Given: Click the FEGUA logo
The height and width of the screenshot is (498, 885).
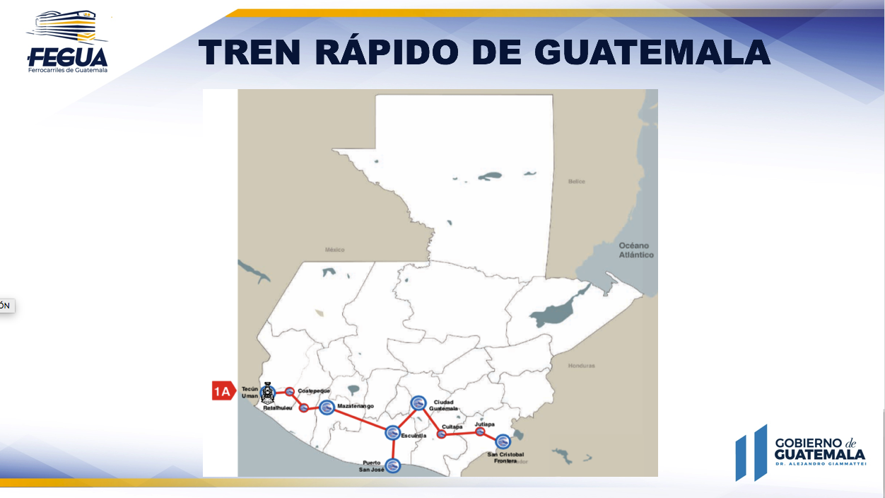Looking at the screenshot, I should click(x=67, y=42).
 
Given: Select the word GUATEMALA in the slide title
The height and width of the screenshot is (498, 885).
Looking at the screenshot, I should click(x=651, y=52).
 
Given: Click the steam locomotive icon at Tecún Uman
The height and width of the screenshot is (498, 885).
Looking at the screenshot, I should click(x=268, y=394).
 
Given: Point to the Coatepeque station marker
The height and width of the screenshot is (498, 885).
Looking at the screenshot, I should click(x=290, y=391).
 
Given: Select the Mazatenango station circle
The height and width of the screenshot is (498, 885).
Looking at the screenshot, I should click(x=327, y=407).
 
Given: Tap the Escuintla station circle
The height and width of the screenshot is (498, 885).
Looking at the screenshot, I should click(x=392, y=432).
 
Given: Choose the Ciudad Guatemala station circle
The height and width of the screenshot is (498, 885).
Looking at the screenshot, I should click(x=418, y=403).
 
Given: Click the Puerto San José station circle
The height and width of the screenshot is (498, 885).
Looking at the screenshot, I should click(x=393, y=465).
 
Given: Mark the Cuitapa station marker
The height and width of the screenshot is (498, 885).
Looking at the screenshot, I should click(x=442, y=434).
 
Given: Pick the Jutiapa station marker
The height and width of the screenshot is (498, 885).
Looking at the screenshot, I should click(x=480, y=432).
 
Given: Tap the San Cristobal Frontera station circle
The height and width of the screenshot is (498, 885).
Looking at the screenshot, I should click(x=502, y=441).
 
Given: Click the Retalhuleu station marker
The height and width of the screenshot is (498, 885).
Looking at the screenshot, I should click(x=303, y=407).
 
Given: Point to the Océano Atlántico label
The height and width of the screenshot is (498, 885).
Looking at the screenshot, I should click(x=636, y=250).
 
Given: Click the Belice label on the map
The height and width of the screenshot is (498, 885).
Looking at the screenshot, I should click(x=577, y=182).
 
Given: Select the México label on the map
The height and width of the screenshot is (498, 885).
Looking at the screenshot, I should click(x=334, y=250).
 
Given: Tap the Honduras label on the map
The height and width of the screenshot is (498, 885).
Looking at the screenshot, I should click(x=581, y=366).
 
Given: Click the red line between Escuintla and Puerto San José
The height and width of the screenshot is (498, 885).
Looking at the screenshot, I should click(x=393, y=449).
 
